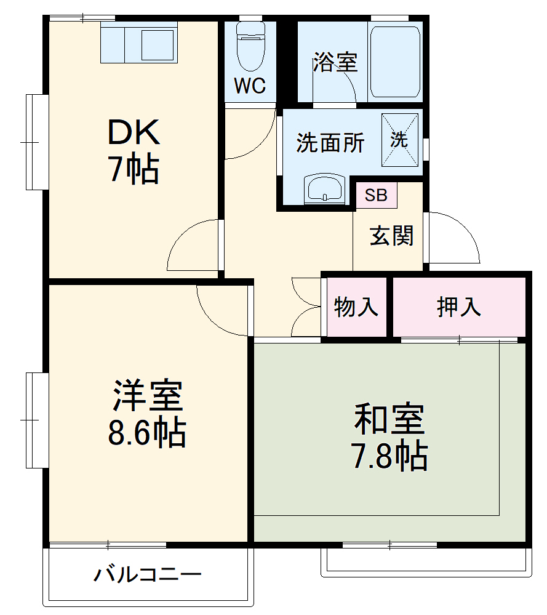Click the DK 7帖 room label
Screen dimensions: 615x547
pyautogui.click(x=134, y=150)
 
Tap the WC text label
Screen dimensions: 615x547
pyautogui.click(x=250, y=86)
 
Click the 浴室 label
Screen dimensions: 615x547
pyautogui.click(x=335, y=62)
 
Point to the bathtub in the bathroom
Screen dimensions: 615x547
pyautogui.click(x=396, y=61)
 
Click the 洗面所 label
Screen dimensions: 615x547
pyautogui.click(x=330, y=143)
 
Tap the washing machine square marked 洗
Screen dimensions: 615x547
pyautogui.click(x=399, y=140)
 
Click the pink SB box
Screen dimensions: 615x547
pyautogui.click(x=376, y=195)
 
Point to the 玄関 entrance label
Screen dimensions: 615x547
pyautogui.click(x=391, y=236)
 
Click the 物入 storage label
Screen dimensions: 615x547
pyautogui.click(x=356, y=307)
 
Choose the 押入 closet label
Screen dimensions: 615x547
pyautogui.click(x=458, y=307)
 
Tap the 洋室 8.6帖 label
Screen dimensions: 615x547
pyautogui.click(x=148, y=414)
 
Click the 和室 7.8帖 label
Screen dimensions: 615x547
pyautogui.click(x=389, y=436)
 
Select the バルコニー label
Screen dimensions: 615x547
pyautogui.click(x=148, y=576)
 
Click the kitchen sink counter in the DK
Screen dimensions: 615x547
pyautogui.click(x=139, y=43)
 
